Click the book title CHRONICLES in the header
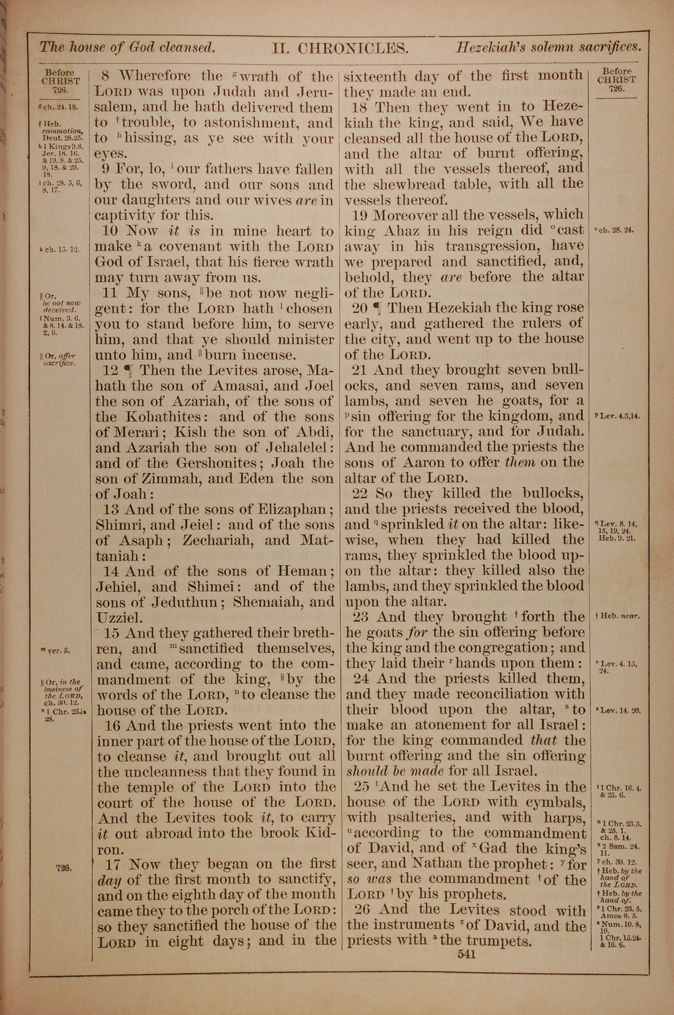click(x=353, y=48)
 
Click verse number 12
click(x=111, y=370)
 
